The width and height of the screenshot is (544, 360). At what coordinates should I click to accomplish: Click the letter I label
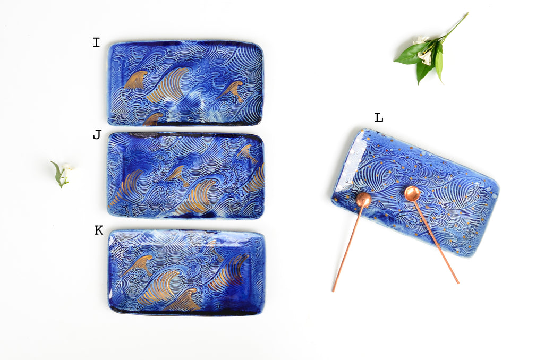(96, 42)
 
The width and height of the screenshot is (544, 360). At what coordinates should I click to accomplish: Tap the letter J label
(97, 134)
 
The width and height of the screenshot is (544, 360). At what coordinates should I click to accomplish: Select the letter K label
(99, 230)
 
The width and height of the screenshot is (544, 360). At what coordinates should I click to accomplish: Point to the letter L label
(379, 117)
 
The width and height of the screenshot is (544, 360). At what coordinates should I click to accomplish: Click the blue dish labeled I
(185, 83)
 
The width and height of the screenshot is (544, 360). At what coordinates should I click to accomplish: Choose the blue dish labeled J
(186, 175)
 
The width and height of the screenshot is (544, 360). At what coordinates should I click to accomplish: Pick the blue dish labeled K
(186, 272)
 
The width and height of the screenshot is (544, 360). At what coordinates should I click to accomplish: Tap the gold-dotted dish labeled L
(415, 193)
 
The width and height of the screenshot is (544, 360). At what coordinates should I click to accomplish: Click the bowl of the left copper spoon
(363, 200)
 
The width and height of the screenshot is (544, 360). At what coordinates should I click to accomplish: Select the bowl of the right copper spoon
(412, 193)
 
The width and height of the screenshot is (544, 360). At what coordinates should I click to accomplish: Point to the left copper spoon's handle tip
(334, 290)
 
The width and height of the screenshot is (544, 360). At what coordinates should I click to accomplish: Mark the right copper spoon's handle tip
(457, 282)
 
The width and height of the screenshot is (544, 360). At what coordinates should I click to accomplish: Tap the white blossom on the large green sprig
(423, 50)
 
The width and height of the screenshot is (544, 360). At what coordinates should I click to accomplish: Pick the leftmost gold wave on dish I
(135, 80)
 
